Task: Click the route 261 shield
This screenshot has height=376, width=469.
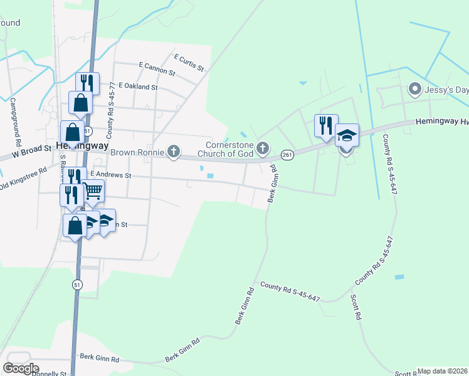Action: click(288, 154)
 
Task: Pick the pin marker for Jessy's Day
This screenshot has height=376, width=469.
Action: click(414, 90)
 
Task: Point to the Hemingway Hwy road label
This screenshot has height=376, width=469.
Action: click(441, 123)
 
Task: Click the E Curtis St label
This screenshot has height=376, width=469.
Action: click(190, 61)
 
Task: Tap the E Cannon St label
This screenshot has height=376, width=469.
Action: click(157, 68)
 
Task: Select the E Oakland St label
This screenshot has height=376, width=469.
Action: click(137, 86)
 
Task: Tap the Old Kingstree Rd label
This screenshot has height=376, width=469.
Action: click(24, 177)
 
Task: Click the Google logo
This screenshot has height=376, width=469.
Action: click(21, 368)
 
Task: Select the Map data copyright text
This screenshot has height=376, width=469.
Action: click(443, 371)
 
